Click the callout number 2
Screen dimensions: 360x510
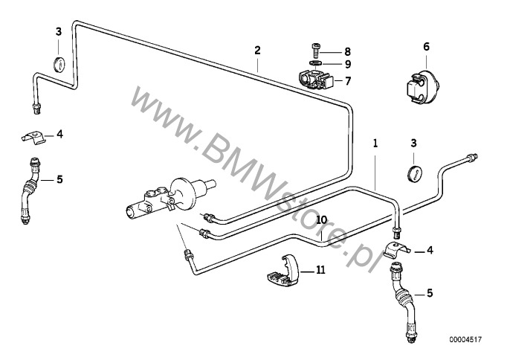[x=257, y=51]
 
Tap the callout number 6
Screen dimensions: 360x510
[x=426, y=46]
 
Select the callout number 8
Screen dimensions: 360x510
[x=346, y=51]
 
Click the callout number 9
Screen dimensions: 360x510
[x=346, y=64]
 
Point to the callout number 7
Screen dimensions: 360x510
[x=346, y=80]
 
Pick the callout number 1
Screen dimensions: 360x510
[x=376, y=141]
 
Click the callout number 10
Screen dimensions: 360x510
[x=321, y=220]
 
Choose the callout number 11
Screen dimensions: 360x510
[x=321, y=271]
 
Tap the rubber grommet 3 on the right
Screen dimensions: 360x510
[x=417, y=173]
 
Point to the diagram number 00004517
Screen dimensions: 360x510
[x=465, y=340]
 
